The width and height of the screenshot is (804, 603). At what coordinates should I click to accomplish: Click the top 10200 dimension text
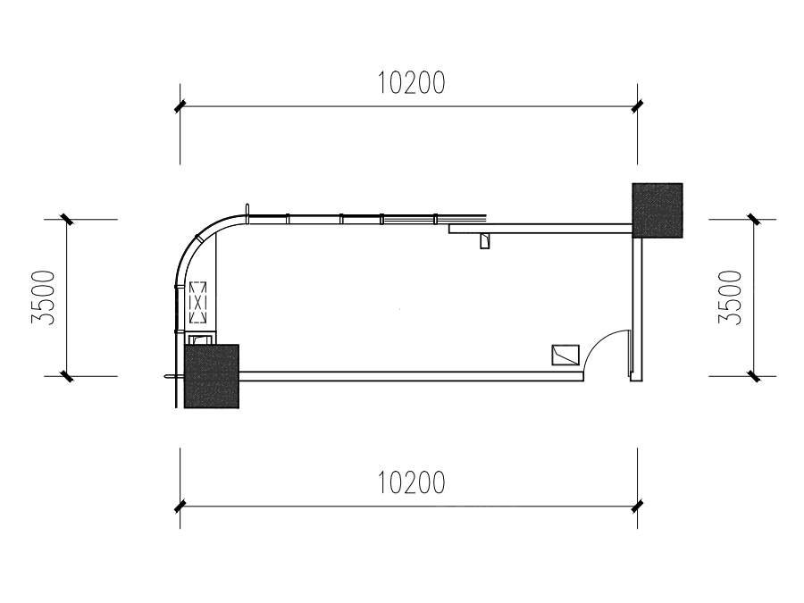coord(411,83)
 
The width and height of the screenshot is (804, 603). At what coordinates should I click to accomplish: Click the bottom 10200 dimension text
coord(411,482)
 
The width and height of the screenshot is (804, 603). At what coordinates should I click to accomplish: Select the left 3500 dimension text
coord(43,297)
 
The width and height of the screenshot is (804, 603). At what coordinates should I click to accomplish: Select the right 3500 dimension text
coord(730,297)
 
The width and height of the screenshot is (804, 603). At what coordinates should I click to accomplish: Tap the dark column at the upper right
coord(657,210)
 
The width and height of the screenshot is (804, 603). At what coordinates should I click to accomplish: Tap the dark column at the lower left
coord(212,376)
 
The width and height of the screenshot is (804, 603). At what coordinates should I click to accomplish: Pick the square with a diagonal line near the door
coord(565,355)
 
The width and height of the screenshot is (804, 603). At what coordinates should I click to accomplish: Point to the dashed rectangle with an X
coord(198,303)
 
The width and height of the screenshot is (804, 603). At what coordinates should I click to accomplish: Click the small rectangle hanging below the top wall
coord(484,240)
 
